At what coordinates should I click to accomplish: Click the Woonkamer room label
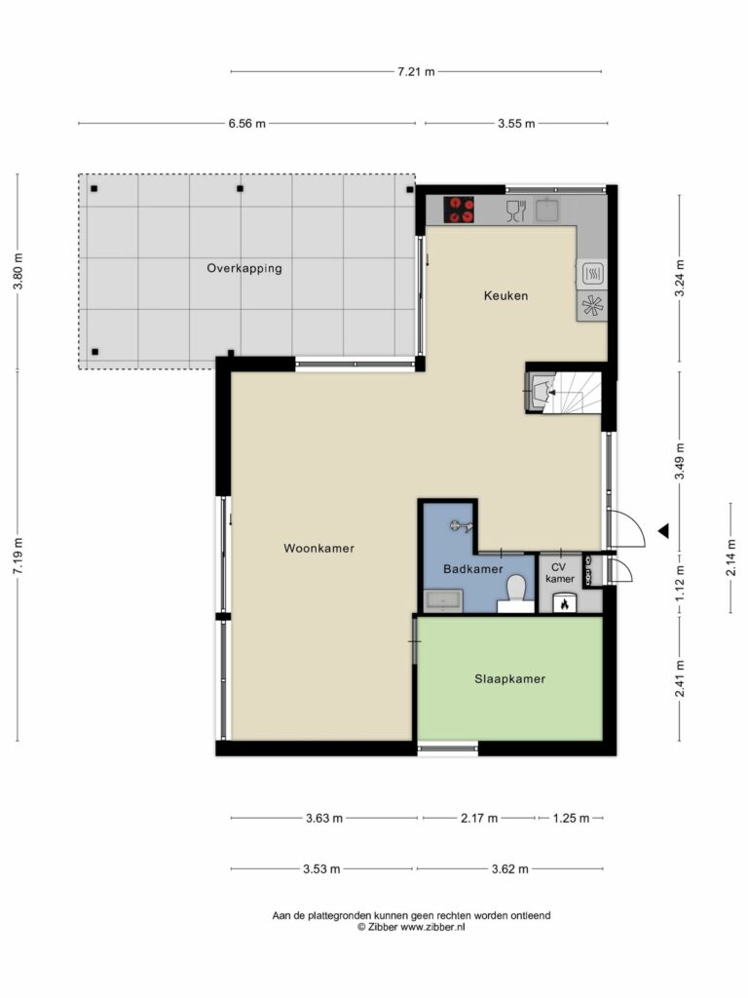click(x=318, y=548)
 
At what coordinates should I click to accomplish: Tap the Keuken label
click(x=505, y=295)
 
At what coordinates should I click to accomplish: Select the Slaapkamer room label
click(x=510, y=679)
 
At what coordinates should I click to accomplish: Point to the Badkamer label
click(x=473, y=569)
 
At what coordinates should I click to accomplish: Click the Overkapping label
click(x=244, y=269)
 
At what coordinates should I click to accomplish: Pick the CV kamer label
click(x=560, y=573)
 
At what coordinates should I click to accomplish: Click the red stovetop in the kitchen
click(x=459, y=211)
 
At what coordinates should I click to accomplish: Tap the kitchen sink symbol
click(x=547, y=210)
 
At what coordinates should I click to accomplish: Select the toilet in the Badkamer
click(x=516, y=593)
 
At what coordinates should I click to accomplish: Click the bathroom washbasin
click(x=444, y=600)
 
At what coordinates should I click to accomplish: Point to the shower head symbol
click(x=461, y=525)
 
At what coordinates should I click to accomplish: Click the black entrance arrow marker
click(x=663, y=530)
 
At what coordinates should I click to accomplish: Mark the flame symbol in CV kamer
click(x=564, y=604)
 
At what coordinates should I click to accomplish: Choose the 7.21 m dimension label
click(x=416, y=72)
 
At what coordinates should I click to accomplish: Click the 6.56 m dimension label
click(x=246, y=124)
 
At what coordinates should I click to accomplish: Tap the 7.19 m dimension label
click(x=18, y=556)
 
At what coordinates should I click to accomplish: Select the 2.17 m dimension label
click(x=479, y=819)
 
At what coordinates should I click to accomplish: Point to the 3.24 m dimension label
click(x=680, y=278)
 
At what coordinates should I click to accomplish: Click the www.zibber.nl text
click(x=432, y=928)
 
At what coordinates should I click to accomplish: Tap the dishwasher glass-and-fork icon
click(x=516, y=211)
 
